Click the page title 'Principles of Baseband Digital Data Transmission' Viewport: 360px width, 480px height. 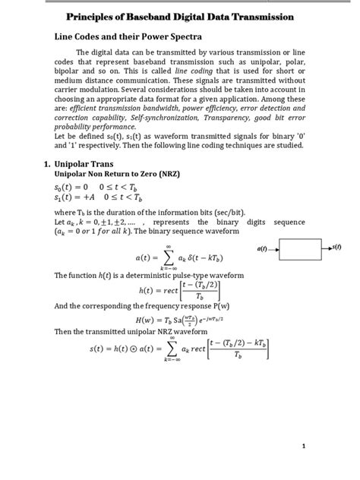180,16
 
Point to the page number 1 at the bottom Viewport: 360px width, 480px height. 303,447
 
